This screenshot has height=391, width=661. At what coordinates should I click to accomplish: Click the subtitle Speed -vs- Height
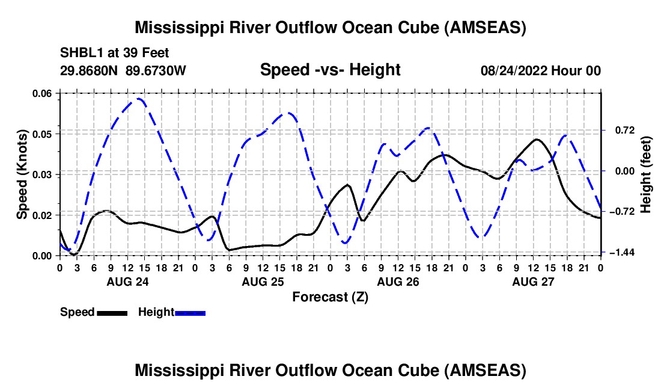point(330,70)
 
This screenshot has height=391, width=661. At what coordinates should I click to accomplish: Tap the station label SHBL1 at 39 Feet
point(114,53)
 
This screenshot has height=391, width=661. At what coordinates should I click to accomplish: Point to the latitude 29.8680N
point(89,70)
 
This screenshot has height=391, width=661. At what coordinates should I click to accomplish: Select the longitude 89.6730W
point(156,70)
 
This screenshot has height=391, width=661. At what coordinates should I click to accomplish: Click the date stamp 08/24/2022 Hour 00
point(541,70)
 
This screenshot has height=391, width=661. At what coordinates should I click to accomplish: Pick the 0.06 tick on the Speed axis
point(44,93)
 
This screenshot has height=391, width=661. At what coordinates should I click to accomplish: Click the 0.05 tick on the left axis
point(44,134)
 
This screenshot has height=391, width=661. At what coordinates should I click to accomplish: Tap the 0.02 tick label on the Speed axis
point(44,215)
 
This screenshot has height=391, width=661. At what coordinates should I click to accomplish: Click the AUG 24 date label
point(128,282)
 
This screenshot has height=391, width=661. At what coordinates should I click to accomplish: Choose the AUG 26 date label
point(398,282)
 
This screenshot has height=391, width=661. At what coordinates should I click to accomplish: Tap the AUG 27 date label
point(533,282)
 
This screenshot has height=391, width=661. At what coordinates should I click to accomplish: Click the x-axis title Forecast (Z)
point(330,297)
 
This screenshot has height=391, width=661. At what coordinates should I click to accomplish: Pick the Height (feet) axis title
point(646,174)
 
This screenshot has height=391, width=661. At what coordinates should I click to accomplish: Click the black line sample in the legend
point(112,313)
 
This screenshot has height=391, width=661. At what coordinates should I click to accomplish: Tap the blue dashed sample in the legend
point(190,313)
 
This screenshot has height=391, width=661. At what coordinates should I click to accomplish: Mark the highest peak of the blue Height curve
point(139,99)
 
